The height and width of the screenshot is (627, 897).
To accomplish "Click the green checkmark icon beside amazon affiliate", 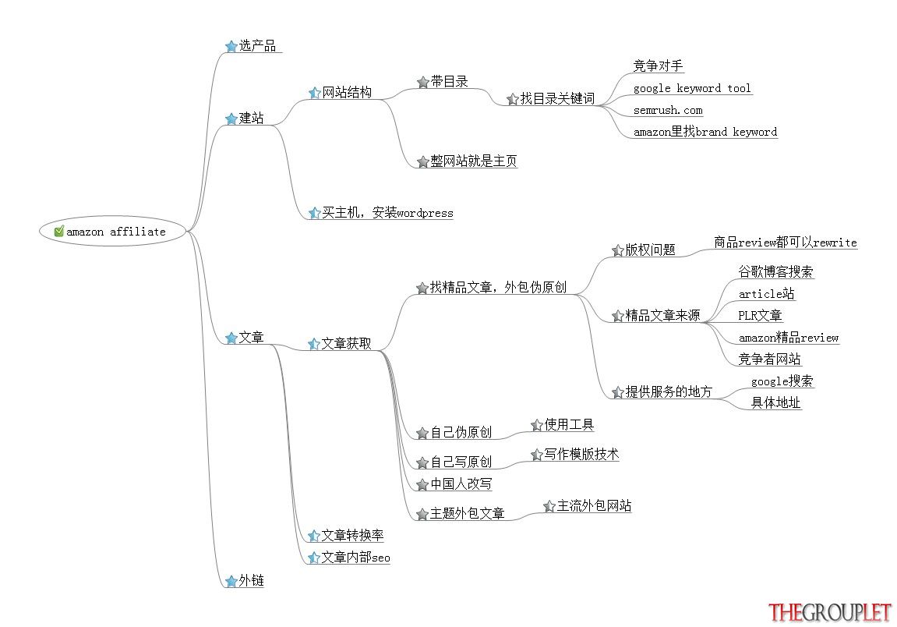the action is (59, 232).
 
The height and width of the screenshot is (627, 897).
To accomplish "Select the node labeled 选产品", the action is (257, 45).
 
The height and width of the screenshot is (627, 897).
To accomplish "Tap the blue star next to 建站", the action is (231, 119).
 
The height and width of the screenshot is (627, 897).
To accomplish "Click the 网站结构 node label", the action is (347, 92).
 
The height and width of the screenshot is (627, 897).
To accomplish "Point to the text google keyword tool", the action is (691, 88).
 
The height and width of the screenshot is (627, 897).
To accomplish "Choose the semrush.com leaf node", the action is (668, 110).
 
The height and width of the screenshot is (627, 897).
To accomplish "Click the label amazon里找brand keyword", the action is (705, 132).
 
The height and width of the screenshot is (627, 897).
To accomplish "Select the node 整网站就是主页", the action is (474, 161).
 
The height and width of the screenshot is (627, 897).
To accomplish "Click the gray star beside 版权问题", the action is (617, 250).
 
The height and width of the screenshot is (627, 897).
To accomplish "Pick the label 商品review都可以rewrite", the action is (786, 243).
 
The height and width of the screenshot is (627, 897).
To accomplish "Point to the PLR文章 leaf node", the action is (760, 316).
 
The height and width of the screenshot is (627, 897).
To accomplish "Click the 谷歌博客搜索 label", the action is (775, 271).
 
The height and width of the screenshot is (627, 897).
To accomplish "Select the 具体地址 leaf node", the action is (775, 402).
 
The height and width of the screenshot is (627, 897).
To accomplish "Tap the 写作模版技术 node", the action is (581, 454).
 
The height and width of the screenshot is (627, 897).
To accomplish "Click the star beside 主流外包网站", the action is (549, 506).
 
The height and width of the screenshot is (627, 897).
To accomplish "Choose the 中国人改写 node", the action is (461, 484).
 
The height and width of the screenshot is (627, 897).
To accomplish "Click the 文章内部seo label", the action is (355, 557).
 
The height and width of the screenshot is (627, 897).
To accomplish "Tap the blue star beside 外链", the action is (231, 581).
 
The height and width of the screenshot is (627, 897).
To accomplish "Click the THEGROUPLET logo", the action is (829, 612).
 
